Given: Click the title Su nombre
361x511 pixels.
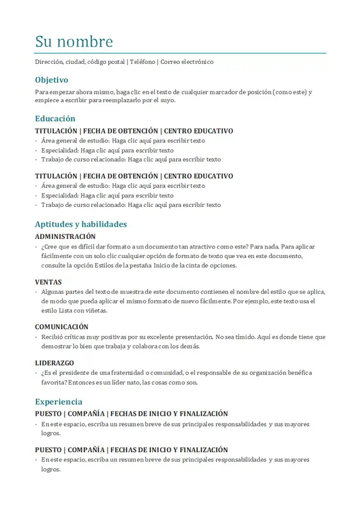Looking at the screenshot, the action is click(x=74, y=42).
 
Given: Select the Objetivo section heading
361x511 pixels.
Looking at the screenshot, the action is click(x=51, y=80).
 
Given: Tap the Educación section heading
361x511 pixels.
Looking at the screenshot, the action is click(x=55, y=118).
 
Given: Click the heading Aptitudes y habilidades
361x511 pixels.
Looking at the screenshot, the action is click(x=81, y=224).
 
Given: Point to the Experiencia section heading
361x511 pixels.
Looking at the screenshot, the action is click(x=58, y=402).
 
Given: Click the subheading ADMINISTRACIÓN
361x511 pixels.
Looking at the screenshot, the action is click(x=65, y=236).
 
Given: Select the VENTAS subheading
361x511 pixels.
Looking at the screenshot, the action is click(x=49, y=282).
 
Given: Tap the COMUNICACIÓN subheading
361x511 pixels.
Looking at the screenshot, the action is click(x=61, y=326).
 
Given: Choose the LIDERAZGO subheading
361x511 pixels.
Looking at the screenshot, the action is click(x=54, y=363).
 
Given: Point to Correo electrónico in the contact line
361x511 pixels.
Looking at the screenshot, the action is click(x=187, y=62).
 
